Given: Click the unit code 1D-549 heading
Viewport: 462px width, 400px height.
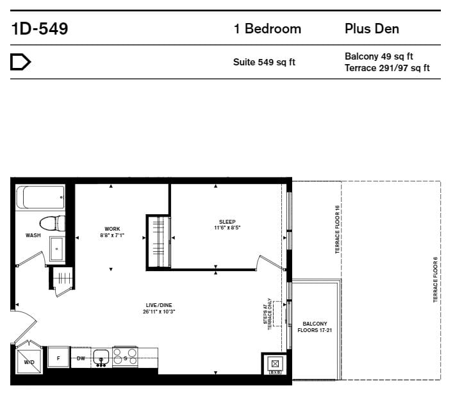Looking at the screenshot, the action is pyautogui.click(x=40, y=29).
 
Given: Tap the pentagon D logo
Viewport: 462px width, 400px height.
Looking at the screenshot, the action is pyautogui.click(x=21, y=62).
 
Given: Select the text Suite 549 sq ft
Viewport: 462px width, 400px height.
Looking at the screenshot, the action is pyautogui.click(x=264, y=62).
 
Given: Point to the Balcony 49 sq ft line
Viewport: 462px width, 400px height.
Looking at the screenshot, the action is pyautogui.click(x=379, y=56).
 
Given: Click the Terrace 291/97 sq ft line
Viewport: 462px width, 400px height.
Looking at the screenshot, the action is pyautogui.click(x=387, y=68).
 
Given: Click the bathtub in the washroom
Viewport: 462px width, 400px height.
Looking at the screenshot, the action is pyautogui.click(x=40, y=197).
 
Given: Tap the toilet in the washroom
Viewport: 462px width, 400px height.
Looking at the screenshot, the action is pyautogui.click(x=52, y=224).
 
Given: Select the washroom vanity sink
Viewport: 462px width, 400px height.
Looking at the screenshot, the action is pyautogui.click(x=57, y=249).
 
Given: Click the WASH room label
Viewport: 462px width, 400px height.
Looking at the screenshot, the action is pyautogui.click(x=33, y=235).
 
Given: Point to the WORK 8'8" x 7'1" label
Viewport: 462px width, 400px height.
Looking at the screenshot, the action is pyautogui.click(x=112, y=232).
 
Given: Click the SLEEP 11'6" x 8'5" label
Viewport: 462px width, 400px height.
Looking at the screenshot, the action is pyautogui.click(x=227, y=224).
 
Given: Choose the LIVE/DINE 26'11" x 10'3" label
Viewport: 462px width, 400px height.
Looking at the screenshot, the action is pyautogui.click(x=159, y=308).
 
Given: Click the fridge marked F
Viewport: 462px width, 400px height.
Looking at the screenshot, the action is pyautogui.click(x=59, y=358).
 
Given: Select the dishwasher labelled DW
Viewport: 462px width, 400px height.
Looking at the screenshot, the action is pyautogui.click(x=81, y=358).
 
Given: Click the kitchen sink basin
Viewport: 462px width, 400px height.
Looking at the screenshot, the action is pyautogui.click(x=101, y=357).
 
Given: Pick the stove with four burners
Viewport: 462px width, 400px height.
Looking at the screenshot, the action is pyautogui.click(x=125, y=356).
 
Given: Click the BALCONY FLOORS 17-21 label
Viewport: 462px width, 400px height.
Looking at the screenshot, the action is pyautogui.click(x=315, y=327).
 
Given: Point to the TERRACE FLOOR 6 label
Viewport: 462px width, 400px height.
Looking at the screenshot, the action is pyautogui.click(x=435, y=279).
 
